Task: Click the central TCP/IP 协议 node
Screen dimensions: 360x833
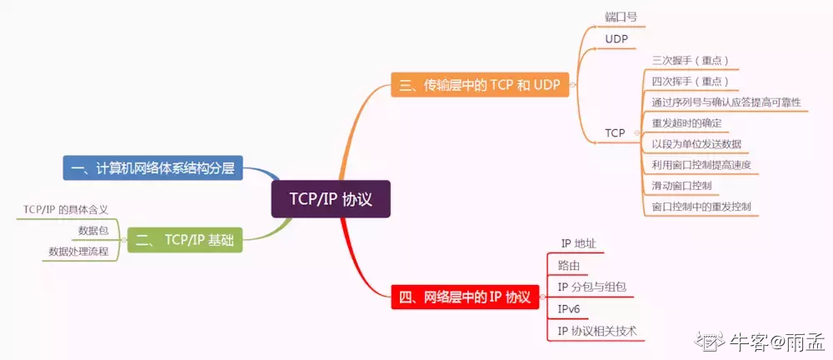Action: click(x=331, y=200)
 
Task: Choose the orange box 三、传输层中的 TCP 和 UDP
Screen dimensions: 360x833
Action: click(x=480, y=84)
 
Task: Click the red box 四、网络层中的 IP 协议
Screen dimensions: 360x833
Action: click(x=464, y=297)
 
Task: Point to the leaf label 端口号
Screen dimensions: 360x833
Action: click(x=621, y=17)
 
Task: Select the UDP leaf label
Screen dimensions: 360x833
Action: click(x=616, y=39)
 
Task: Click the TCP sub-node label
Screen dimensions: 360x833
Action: click(x=615, y=132)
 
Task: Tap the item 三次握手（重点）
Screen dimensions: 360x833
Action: click(x=691, y=61)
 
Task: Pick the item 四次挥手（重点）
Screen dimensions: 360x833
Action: click(x=691, y=82)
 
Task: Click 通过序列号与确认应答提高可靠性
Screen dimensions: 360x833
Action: click(x=726, y=102)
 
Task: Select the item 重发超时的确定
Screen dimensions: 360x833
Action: click(x=686, y=122)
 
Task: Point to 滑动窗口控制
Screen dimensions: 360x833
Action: click(x=681, y=185)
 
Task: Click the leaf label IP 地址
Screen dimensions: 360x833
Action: click(x=578, y=244)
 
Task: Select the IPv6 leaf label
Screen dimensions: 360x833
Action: click(x=568, y=309)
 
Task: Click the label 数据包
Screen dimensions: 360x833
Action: click(x=93, y=230)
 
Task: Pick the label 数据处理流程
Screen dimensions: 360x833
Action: click(x=78, y=251)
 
